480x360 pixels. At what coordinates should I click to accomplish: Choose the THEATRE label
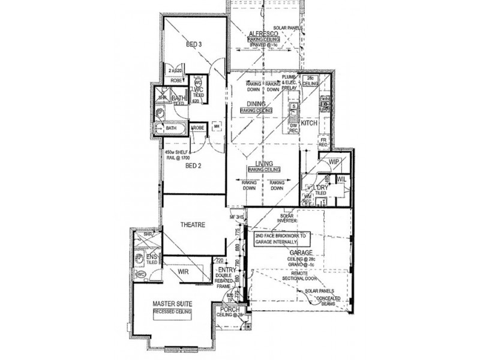193,225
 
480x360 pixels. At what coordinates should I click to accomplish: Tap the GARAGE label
286,253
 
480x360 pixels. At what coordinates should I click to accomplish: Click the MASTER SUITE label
172,304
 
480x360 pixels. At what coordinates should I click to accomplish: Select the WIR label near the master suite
184,272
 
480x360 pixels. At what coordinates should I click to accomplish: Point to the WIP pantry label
334,162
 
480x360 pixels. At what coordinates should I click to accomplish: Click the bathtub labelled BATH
171,128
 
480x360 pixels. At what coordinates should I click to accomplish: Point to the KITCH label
309,122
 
